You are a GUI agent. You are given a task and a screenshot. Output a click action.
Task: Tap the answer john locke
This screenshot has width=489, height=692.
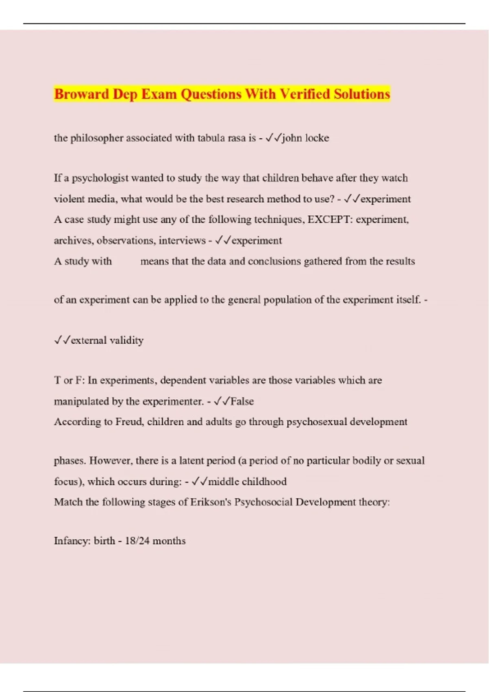click(305, 138)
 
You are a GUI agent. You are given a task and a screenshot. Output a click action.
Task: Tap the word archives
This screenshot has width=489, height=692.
click(73, 241)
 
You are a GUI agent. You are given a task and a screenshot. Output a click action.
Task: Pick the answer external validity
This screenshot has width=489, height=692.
click(107, 340)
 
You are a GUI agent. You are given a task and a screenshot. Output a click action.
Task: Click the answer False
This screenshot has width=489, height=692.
click(242, 401)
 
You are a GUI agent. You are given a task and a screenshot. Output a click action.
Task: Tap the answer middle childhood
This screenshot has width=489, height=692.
click(247, 482)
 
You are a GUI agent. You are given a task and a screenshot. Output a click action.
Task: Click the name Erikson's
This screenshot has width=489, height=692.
click(210, 502)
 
